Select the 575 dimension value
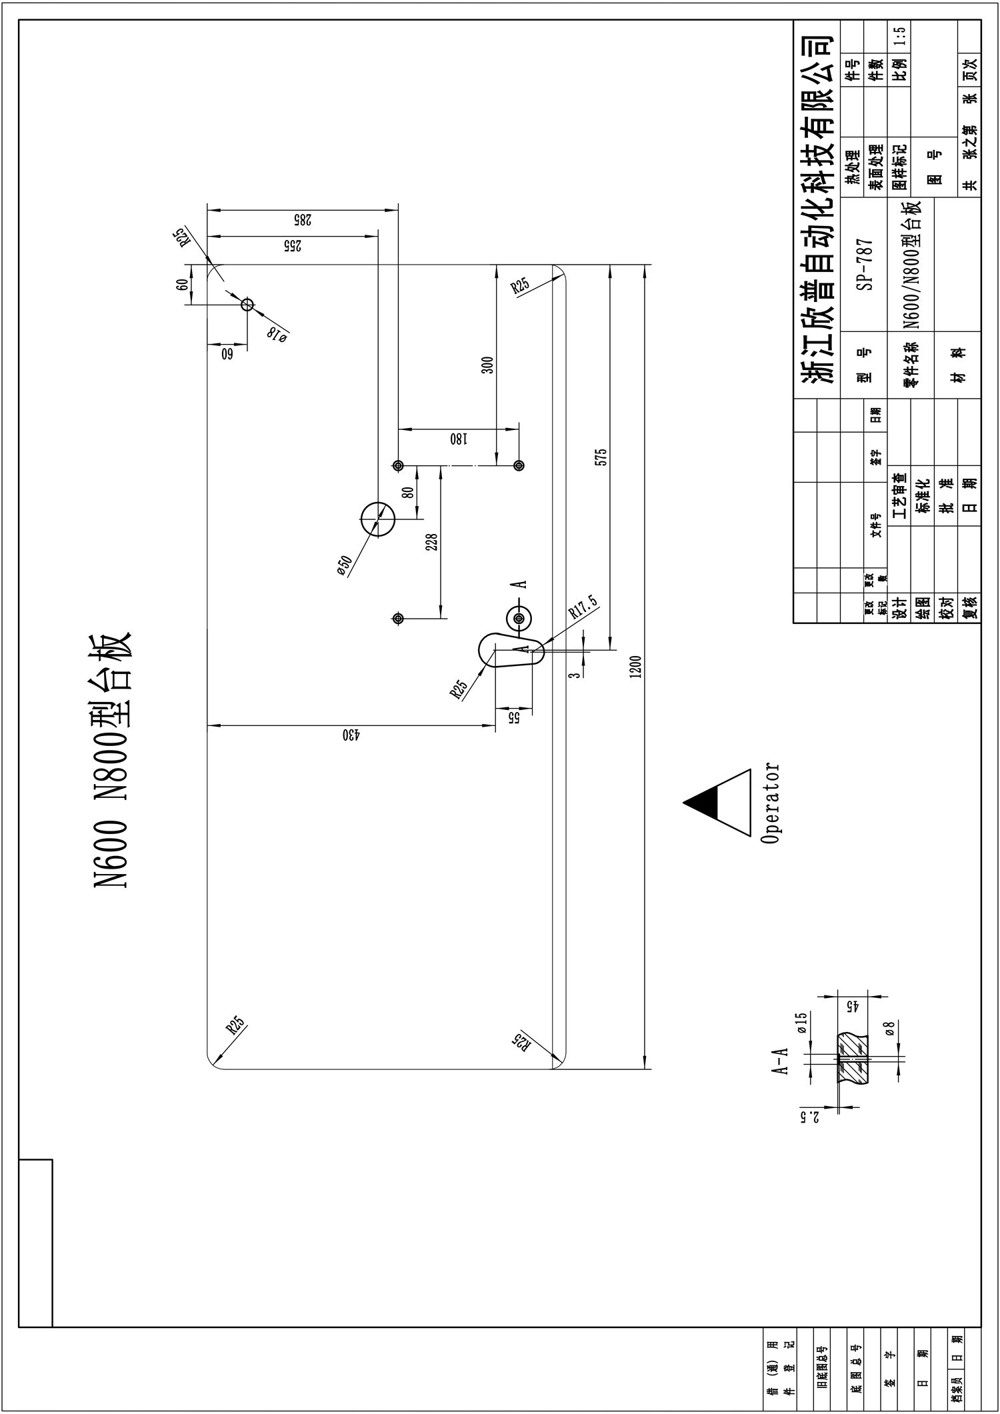coord(601,457)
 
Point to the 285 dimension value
coord(303,219)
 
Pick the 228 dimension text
coord(431,541)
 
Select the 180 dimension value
coord(458,439)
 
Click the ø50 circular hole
coord(378,519)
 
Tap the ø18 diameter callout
coord(277,335)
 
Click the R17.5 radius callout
coord(584,607)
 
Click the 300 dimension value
coord(488,365)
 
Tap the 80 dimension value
coord(408,492)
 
